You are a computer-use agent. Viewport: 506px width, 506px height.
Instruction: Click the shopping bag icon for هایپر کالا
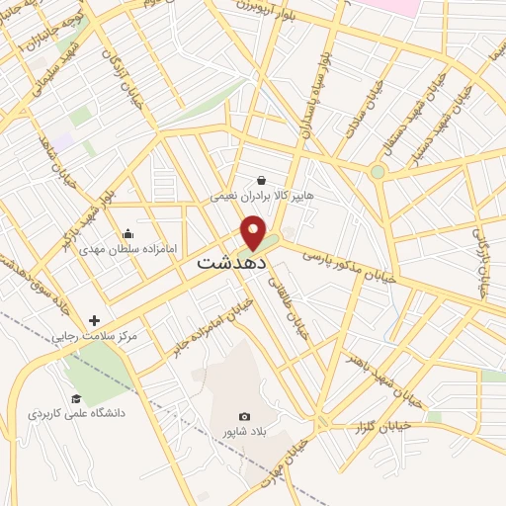261,180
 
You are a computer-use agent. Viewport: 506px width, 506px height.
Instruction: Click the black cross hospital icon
94,320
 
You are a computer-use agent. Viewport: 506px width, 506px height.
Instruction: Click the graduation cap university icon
75,398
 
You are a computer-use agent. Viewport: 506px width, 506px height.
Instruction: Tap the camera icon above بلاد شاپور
244,417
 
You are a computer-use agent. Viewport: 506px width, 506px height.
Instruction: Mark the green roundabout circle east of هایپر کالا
378,172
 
